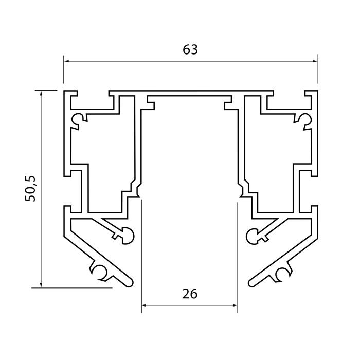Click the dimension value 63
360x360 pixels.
190,49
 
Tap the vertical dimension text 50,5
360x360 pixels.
32,188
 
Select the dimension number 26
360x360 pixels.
190,294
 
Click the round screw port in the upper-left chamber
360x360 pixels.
78,119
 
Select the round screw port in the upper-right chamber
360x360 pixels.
304,119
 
